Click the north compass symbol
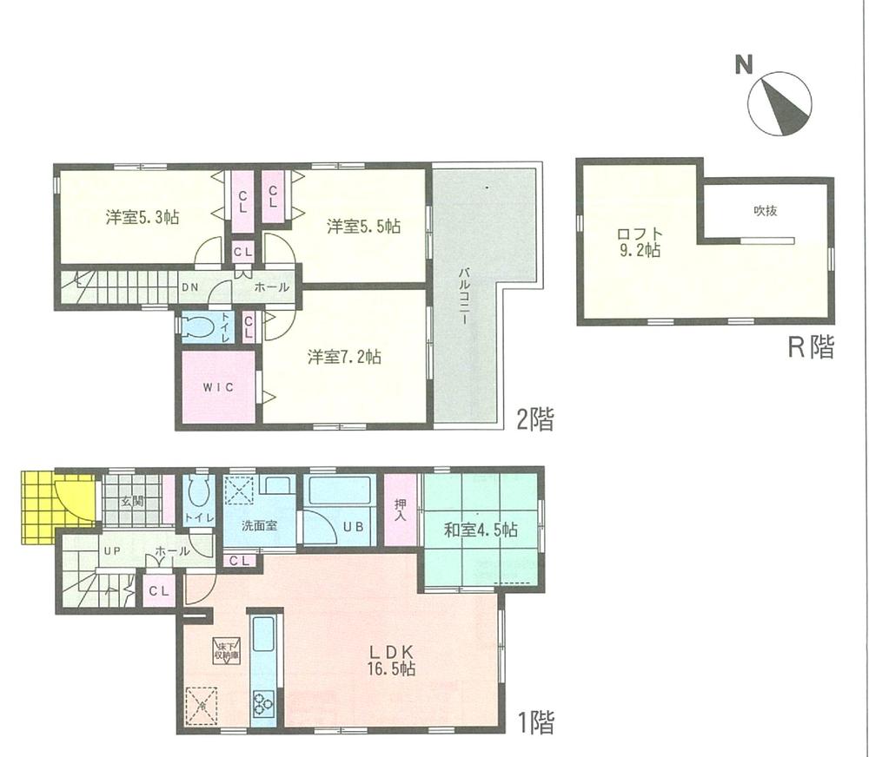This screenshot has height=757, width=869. click(779, 103)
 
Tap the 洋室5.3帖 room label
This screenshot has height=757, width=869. click(143, 217)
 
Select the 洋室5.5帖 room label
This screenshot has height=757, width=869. click(363, 227)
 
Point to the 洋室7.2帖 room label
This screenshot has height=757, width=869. click(343, 356)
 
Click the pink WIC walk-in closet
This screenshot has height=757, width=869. click(218, 388)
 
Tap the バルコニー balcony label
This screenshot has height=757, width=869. click(464, 295)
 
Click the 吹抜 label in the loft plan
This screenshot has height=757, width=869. click(764, 209)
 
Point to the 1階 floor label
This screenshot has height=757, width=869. click(534, 721)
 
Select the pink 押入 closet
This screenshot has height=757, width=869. click(400, 510)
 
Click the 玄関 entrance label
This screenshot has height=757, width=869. click(132, 501)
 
